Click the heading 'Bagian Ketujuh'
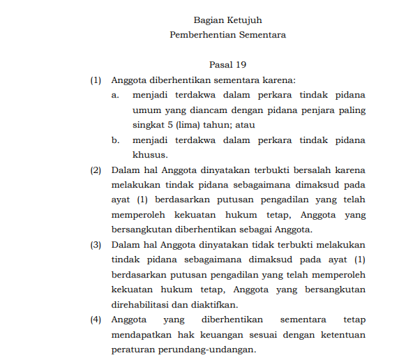click(x=227, y=20)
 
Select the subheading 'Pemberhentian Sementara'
click(x=227, y=33)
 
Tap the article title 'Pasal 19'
click(x=227, y=65)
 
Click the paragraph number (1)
click(x=96, y=80)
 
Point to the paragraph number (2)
click(x=96, y=170)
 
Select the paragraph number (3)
click(x=96, y=245)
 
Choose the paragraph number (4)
click(x=96, y=320)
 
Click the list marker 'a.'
click(x=115, y=95)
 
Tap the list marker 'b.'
click(x=115, y=140)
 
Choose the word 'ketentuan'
click(x=342, y=335)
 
